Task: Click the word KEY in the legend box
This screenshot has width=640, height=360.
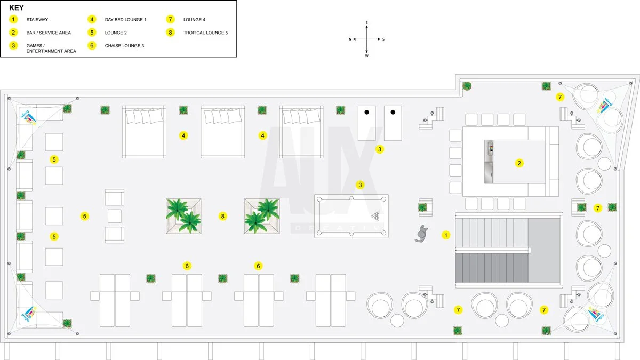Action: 17,8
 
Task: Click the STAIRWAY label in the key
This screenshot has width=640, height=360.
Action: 37,20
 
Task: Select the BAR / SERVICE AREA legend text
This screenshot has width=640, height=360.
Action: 49,33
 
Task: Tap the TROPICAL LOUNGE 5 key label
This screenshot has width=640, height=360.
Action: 205,33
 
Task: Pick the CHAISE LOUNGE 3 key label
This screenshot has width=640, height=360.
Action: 124,46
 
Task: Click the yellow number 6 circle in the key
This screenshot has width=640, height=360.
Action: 92,46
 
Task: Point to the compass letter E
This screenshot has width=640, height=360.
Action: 367,23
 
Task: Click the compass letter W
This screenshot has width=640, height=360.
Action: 367,55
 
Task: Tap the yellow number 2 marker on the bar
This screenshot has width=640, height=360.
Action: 519,163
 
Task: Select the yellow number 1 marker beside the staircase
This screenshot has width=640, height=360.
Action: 446,235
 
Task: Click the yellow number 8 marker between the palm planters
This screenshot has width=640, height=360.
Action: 223,216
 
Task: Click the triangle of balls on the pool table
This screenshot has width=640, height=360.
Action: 376,216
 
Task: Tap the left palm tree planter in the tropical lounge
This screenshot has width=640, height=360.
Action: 183,216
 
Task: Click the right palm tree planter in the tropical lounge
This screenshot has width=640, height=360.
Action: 262,216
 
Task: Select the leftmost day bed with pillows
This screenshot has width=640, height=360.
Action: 144,132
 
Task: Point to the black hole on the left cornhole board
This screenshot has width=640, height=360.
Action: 367,113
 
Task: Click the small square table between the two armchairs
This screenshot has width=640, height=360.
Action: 115,216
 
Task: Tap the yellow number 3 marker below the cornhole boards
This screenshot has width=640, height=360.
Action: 380,149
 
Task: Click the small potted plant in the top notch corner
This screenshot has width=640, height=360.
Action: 467,86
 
